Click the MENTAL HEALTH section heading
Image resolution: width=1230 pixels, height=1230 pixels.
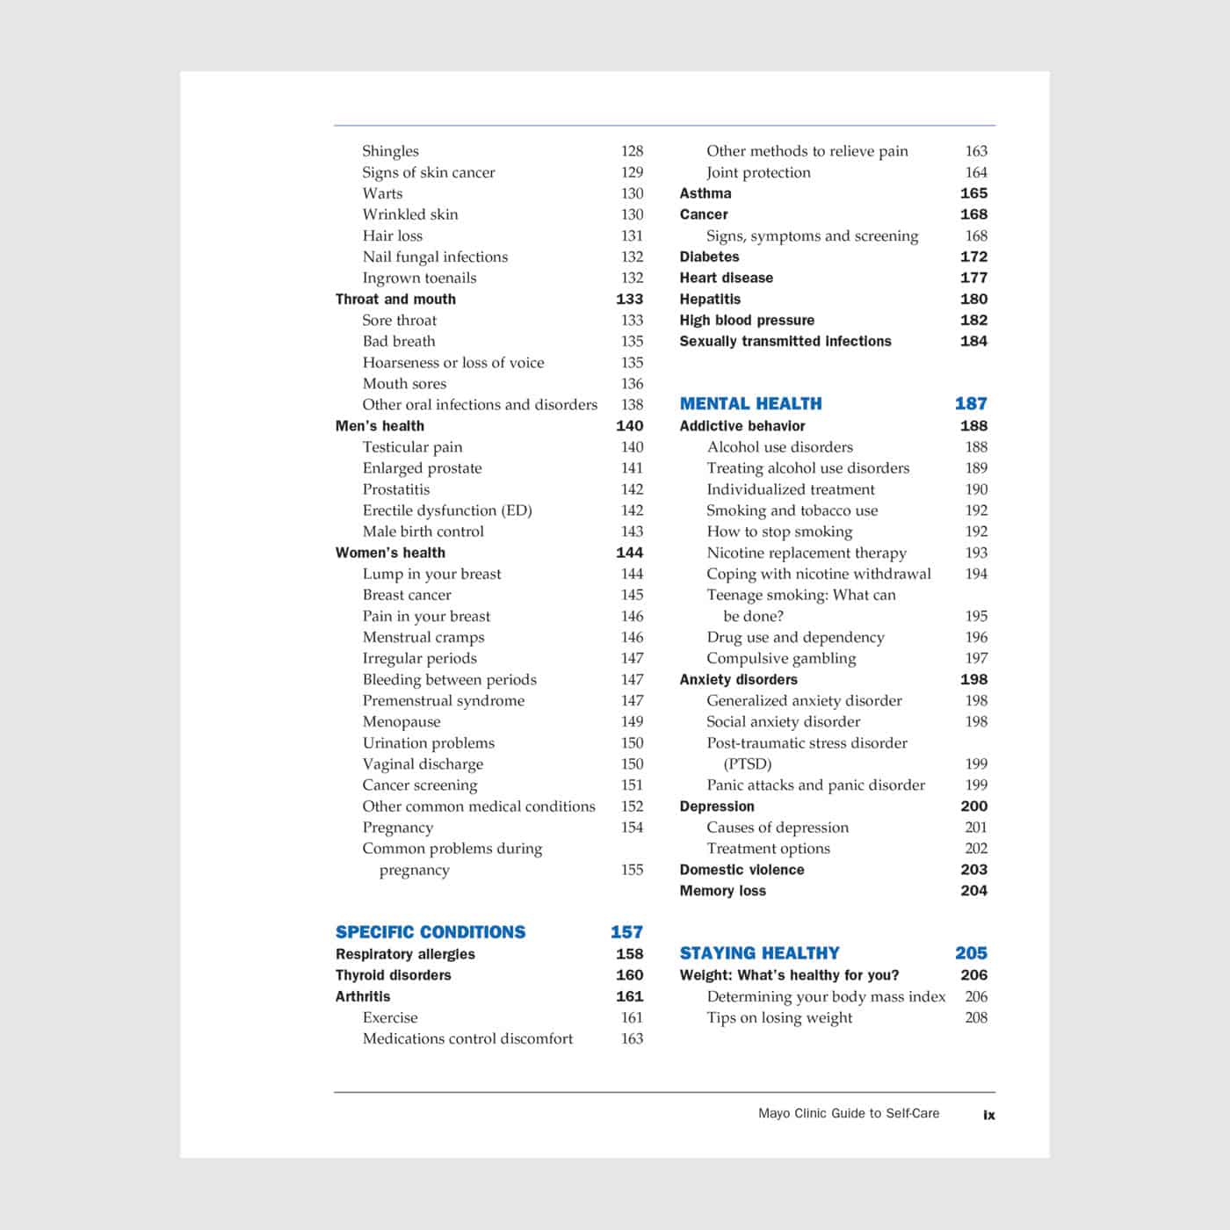(750, 404)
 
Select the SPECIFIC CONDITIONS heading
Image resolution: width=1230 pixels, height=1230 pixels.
(430, 932)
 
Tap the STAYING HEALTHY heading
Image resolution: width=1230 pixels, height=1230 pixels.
(759, 953)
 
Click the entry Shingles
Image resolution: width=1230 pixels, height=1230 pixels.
(390, 151)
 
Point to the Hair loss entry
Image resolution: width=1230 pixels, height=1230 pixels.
(392, 235)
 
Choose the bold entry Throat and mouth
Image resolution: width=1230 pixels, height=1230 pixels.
(395, 300)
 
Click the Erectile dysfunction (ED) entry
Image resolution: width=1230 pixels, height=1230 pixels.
(447, 510)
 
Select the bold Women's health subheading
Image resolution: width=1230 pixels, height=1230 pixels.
(390, 553)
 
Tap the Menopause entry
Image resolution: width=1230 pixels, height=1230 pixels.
(402, 721)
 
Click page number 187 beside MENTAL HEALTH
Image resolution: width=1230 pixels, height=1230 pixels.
(971, 404)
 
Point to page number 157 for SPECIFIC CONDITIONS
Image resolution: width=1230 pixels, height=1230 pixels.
(626, 932)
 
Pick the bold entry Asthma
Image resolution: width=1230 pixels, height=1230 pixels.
(705, 193)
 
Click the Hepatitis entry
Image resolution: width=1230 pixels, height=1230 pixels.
(710, 300)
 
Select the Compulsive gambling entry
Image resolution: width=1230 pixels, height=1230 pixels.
(781, 658)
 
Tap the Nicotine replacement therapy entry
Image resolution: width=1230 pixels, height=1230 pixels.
(807, 553)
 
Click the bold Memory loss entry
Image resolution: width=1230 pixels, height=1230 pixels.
(722, 891)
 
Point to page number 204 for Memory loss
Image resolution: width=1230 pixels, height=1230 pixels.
(973, 891)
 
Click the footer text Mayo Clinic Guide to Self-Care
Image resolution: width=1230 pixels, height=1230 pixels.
(849, 1113)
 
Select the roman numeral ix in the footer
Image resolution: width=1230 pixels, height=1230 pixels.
(989, 1115)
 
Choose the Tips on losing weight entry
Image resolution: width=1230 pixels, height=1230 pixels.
(779, 1017)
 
